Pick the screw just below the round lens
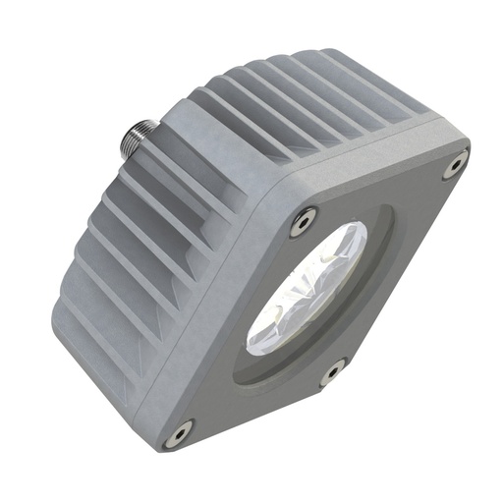332,372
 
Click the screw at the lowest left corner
179,430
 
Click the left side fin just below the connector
128,187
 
